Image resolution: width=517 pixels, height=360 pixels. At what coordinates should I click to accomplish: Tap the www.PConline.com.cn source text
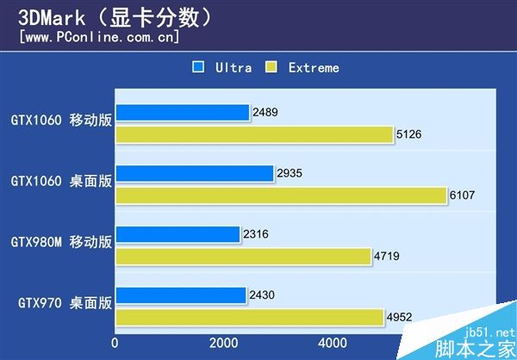(99, 37)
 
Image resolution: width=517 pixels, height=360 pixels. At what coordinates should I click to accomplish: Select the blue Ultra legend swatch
(199, 66)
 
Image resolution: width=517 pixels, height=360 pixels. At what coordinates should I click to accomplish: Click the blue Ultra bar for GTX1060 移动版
(182, 112)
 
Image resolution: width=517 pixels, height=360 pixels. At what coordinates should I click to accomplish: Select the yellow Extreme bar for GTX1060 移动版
(254, 133)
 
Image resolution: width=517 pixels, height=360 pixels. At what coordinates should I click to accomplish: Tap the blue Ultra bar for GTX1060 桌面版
(194, 173)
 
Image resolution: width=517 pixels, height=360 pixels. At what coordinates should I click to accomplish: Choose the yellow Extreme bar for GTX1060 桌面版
(281, 195)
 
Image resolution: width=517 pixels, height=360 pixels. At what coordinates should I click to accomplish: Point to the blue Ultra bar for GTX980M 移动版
(178, 234)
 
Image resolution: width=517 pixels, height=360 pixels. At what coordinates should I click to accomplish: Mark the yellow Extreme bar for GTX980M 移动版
(243, 256)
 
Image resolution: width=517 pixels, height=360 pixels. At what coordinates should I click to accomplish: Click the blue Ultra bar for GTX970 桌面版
(180, 296)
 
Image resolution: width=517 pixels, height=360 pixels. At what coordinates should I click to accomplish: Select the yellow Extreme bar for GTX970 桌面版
(249, 317)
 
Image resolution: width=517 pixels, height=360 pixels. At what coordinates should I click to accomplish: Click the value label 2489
(266, 112)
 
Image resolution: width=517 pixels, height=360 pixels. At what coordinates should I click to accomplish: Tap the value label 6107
(463, 196)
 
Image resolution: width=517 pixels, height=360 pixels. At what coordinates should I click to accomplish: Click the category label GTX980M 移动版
(61, 242)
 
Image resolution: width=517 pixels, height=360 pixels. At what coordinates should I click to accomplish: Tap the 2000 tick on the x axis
(223, 342)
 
